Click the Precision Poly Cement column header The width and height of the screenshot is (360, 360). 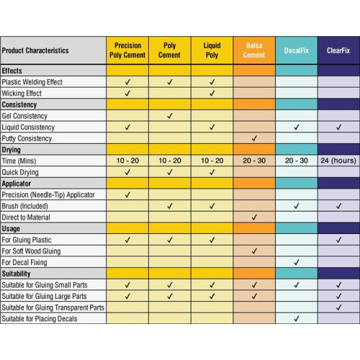pyautogui.click(x=127, y=50)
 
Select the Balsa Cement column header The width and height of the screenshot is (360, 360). pyautogui.click(x=254, y=50)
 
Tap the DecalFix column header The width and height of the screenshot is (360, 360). pyautogui.click(x=297, y=50)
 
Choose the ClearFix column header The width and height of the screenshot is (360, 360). pyautogui.click(x=338, y=50)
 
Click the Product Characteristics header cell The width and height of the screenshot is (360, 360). pyautogui.click(x=35, y=50)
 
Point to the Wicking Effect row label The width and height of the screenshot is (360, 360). pyautogui.click(x=22, y=93)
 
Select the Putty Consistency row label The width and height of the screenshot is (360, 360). pyautogui.click(x=27, y=138)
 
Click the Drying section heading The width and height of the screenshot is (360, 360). pyautogui.click(x=11, y=150)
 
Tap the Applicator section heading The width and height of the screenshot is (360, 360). pyautogui.click(x=17, y=184)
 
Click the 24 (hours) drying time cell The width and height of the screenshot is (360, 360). pyautogui.click(x=338, y=161)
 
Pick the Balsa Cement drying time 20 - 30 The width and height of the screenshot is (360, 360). pyautogui.click(x=254, y=161)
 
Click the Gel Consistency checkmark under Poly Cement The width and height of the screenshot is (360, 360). pyautogui.click(x=170, y=116)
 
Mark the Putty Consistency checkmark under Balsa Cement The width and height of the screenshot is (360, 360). pyautogui.click(x=254, y=138)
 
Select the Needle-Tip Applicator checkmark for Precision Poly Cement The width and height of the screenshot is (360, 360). pyautogui.click(x=127, y=194)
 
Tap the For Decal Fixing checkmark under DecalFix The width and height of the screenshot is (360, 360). pyautogui.click(x=297, y=262)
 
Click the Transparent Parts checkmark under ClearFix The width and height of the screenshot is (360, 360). pyautogui.click(x=338, y=307)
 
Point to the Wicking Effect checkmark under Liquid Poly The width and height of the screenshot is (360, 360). pyautogui.click(x=212, y=93)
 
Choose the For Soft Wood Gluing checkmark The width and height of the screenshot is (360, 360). pyautogui.click(x=254, y=251)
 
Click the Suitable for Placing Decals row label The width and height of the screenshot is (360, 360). pyautogui.click(x=40, y=319)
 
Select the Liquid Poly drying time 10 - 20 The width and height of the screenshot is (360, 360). pyautogui.click(x=212, y=161)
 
